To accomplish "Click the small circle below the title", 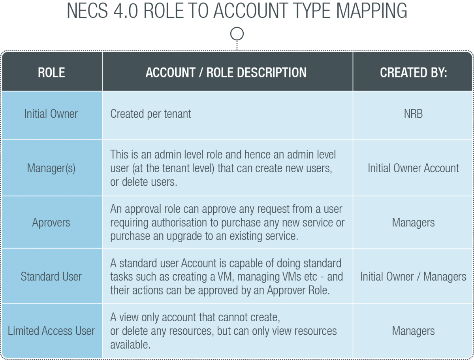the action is [237, 34].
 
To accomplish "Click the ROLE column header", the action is [51, 72].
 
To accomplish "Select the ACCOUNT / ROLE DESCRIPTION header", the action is [226, 72].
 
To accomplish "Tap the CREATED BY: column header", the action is [413, 72].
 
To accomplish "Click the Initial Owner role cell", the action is [51, 114].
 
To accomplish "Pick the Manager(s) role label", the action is [51, 168].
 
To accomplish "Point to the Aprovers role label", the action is [51, 222].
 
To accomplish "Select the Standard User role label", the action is [51, 277].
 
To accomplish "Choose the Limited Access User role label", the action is [51, 331].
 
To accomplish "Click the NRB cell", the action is [413, 114].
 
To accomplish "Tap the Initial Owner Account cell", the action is [413, 168].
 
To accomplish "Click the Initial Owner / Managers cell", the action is [413, 277].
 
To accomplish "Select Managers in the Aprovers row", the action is [413, 223].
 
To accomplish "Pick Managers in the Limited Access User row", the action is [413, 331].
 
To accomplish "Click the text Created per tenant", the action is [151, 114].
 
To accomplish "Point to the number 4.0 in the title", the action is [126, 11].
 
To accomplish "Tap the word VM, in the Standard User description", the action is [226, 277].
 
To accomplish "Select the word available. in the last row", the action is [130, 345].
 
